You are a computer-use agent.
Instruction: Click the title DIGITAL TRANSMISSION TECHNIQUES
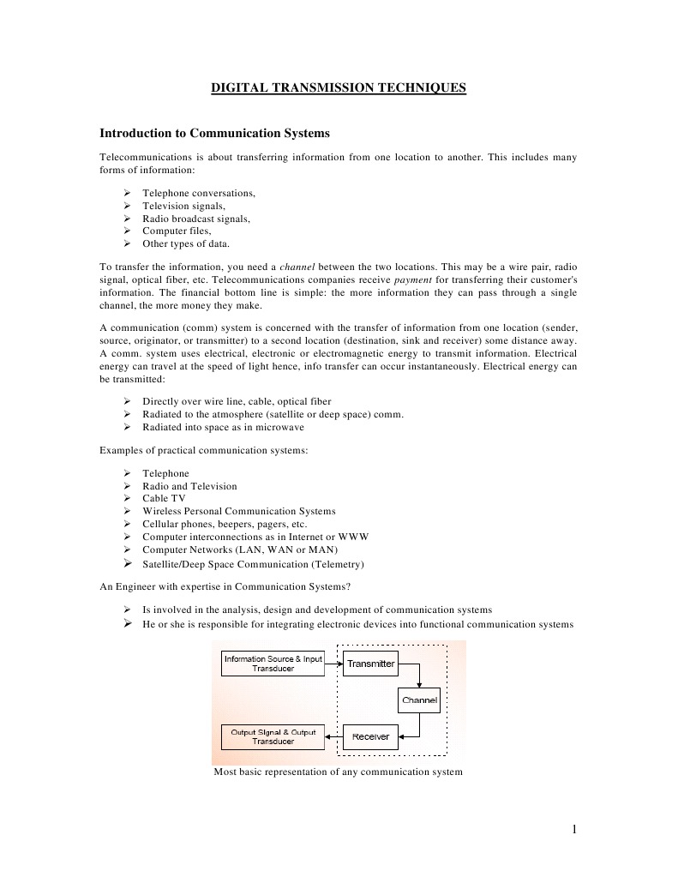[339, 87]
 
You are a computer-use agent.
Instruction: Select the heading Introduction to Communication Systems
[214, 134]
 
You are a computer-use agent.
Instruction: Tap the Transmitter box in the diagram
[370, 664]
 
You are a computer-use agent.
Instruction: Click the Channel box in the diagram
[419, 700]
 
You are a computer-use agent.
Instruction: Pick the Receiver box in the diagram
[370, 736]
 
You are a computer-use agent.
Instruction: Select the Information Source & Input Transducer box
[273, 664]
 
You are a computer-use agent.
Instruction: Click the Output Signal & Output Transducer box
[273, 737]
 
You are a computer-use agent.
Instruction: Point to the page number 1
[574, 829]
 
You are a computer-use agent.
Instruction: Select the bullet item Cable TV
[164, 498]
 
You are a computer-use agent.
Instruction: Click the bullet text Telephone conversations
[199, 194]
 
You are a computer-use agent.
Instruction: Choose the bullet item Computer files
[177, 231]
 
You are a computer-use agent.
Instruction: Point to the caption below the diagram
[338, 772]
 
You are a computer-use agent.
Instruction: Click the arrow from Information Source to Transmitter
[333, 664]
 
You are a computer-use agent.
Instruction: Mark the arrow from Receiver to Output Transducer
[333, 737]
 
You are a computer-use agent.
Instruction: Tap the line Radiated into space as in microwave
[223, 427]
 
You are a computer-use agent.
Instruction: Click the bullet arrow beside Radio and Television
[126, 486]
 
